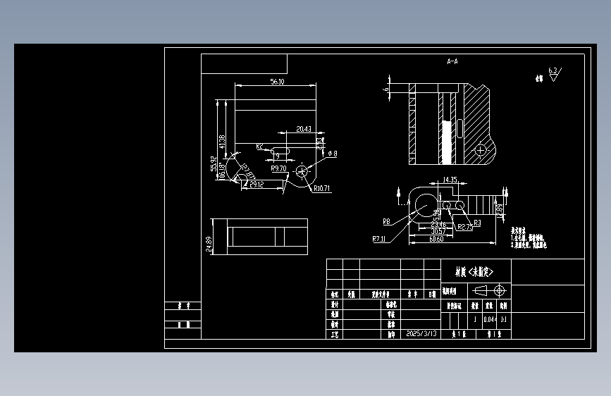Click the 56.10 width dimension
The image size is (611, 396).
pyautogui.click(x=277, y=82)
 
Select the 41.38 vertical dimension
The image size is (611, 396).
pyautogui.click(x=223, y=141)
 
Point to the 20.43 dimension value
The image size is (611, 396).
pyautogui.click(x=304, y=129)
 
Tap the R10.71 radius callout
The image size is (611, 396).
pyautogui.click(x=322, y=189)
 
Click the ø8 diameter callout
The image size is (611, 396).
pyautogui.click(x=331, y=153)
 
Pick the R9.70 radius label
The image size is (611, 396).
pyautogui.click(x=278, y=169)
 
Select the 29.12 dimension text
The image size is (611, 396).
pyautogui.click(x=257, y=184)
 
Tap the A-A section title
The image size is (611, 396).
pyautogui.click(x=452, y=62)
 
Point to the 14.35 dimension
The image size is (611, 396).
pyautogui.click(x=450, y=180)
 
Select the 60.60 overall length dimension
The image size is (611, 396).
pyautogui.click(x=436, y=240)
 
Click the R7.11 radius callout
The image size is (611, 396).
pyautogui.click(x=378, y=239)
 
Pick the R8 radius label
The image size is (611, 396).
pyautogui.click(x=387, y=221)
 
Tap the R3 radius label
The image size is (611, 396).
pyautogui.click(x=477, y=223)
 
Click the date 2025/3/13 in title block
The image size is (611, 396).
pyautogui.click(x=422, y=333)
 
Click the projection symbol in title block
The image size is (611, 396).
pyautogui.click(x=490, y=290)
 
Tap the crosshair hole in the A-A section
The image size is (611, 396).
pyautogui.click(x=481, y=149)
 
